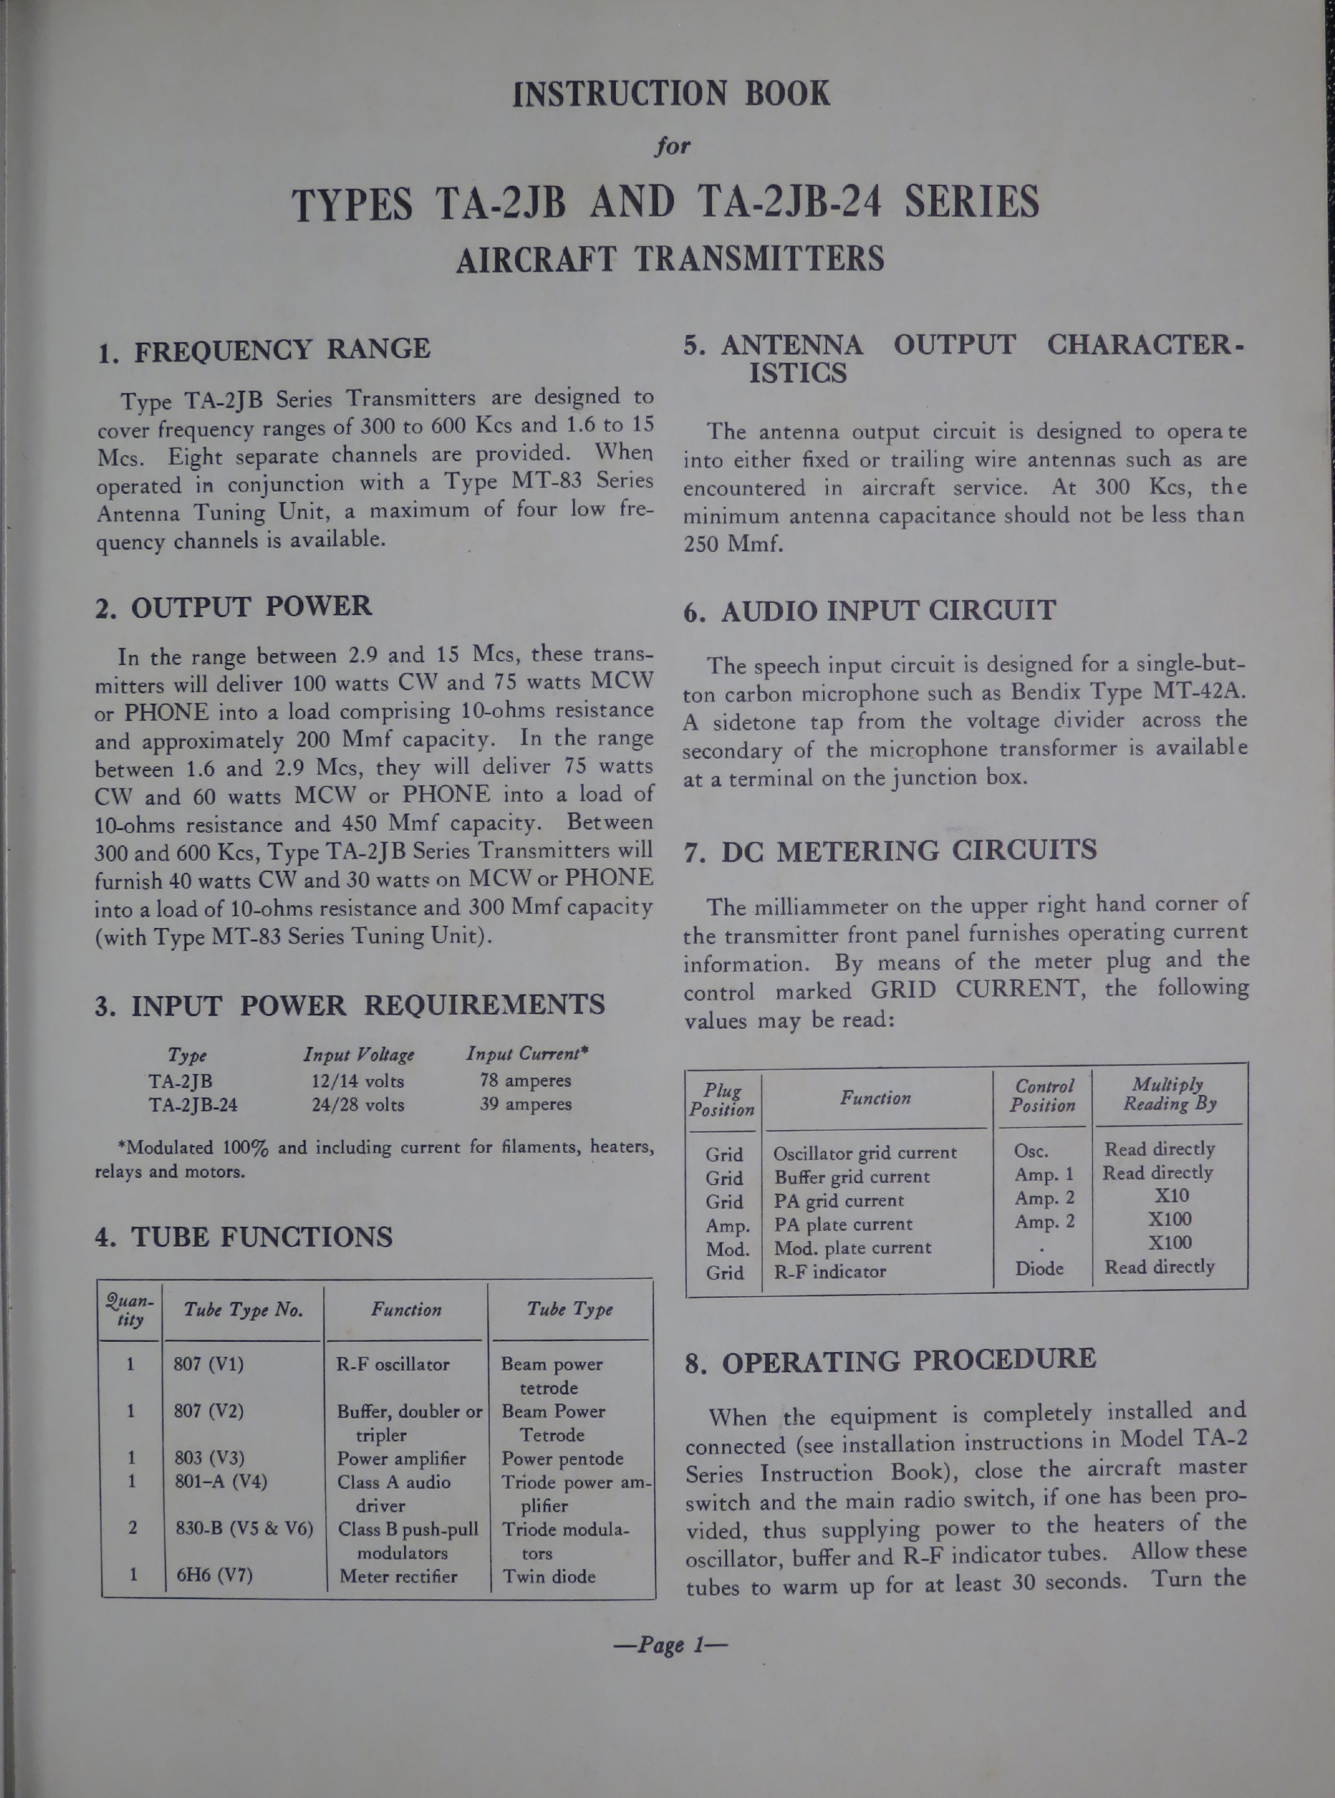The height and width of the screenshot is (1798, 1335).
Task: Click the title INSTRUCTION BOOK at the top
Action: [x=671, y=94]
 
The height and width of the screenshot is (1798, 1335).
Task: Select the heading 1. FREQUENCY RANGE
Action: [x=263, y=350]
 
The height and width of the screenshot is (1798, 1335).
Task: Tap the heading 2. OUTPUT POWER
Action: [x=234, y=607]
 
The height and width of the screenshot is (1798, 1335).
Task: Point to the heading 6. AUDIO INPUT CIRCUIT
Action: [x=870, y=610]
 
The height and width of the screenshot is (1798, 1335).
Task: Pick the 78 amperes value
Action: [x=525, y=1080]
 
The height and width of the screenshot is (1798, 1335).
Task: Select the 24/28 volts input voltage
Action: [x=358, y=1104]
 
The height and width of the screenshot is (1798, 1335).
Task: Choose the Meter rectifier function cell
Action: [x=398, y=1576]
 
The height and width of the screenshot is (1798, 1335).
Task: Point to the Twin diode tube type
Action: [x=549, y=1576]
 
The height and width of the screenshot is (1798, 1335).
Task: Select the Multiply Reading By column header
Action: [x=1168, y=1094]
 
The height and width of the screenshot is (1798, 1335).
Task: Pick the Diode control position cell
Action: [x=1039, y=1268]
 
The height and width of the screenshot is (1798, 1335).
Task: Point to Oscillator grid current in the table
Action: [x=865, y=1153]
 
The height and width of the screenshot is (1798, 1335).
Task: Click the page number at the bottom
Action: [x=670, y=1645]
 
